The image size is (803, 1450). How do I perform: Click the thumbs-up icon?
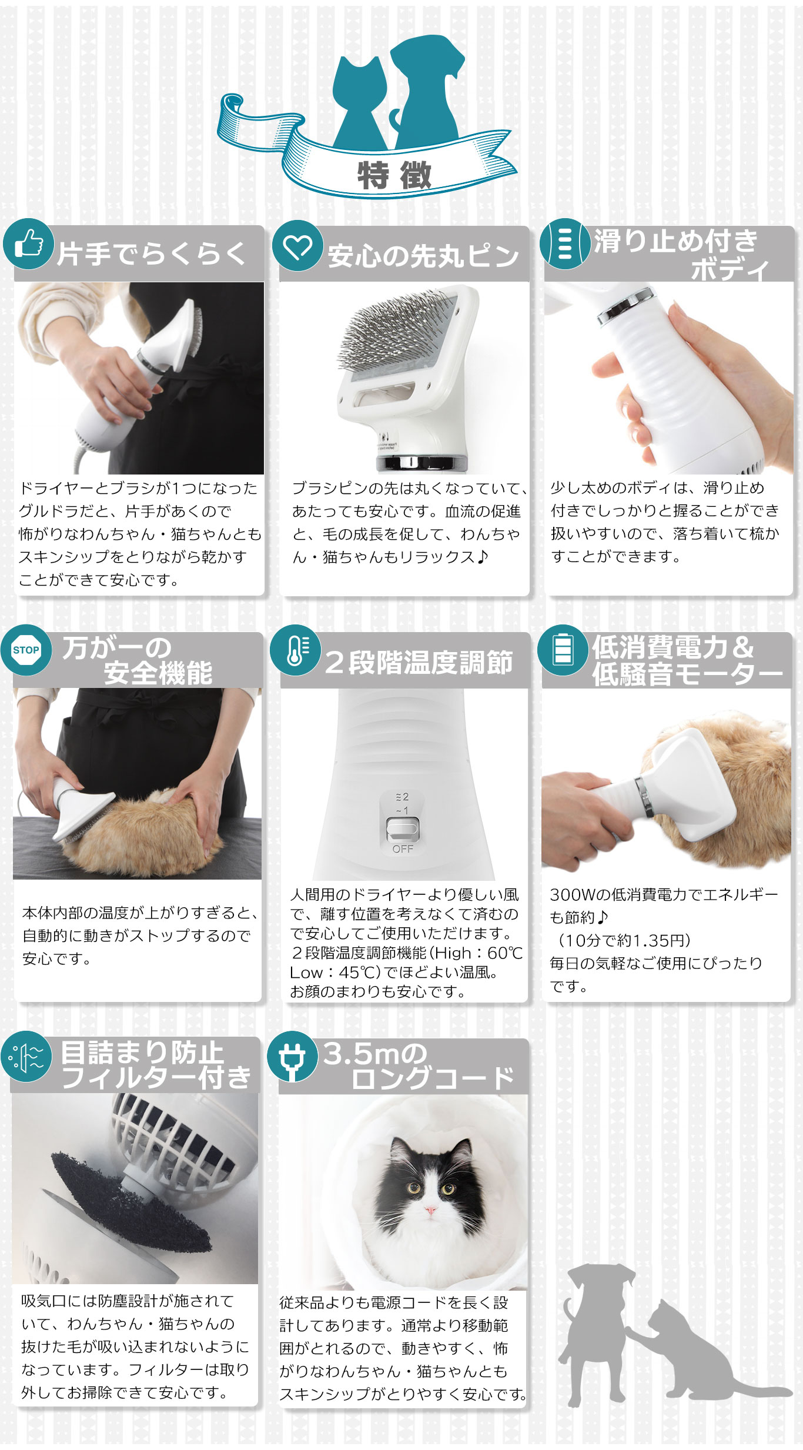coord(28,243)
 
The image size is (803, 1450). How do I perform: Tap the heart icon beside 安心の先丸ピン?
coord(297,247)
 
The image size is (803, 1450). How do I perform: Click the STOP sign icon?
coord(26,650)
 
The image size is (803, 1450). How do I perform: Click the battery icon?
coord(563,649)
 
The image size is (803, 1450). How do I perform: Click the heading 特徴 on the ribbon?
coord(394,175)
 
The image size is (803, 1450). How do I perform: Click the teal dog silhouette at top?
coord(426,88)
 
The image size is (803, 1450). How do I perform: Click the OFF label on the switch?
coord(403,848)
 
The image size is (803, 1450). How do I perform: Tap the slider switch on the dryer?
coord(403,829)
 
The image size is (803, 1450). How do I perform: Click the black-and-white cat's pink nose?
coord(431,1210)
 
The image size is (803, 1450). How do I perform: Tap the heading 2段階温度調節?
coord(418,663)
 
